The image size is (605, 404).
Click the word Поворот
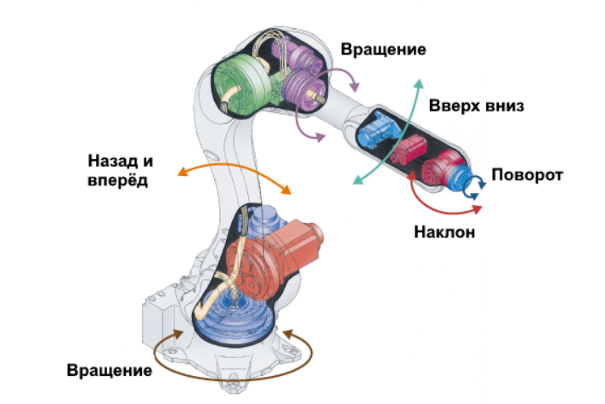[x=528, y=175]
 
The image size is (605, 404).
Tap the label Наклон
[x=444, y=231]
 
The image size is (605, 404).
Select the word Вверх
[x=455, y=107]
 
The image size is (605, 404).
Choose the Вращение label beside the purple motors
[x=383, y=48]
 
